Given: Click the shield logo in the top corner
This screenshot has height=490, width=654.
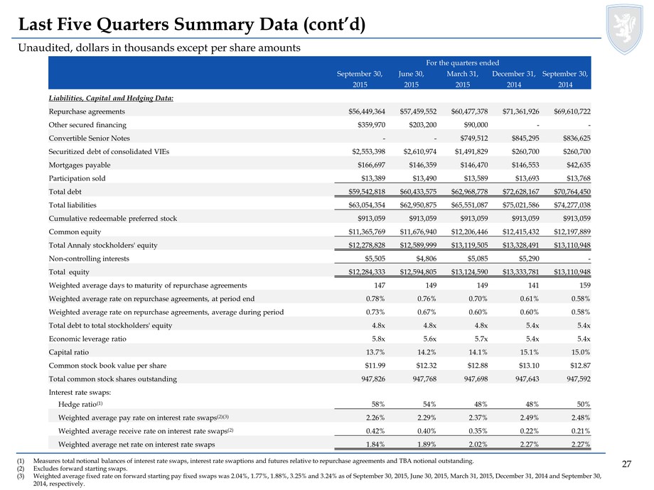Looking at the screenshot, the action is (x=624, y=28).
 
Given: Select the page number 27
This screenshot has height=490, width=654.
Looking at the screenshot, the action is (x=626, y=464).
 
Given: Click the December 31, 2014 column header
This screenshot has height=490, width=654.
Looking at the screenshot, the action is (x=514, y=79).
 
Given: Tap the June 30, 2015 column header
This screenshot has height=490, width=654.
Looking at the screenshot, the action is (x=412, y=79).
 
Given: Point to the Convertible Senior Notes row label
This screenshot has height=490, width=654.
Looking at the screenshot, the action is (x=90, y=138).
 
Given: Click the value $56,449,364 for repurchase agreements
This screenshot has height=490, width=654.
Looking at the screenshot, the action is (x=367, y=111).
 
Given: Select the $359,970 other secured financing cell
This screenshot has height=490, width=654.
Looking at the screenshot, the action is (x=371, y=125).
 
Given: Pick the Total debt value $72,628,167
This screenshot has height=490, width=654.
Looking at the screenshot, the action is (x=520, y=192).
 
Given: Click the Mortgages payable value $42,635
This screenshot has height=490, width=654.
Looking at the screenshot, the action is (x=578, y=165).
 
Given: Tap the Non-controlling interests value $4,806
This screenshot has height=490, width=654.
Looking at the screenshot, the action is (x=427, y=258).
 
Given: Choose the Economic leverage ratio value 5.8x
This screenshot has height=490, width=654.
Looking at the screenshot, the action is (x=378, y=339).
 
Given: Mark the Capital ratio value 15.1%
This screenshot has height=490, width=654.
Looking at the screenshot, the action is (x=530, y=352).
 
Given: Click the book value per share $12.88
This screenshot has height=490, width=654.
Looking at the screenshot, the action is (x=478, y=366).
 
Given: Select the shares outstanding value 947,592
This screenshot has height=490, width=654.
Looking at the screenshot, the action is (x=579, y=379).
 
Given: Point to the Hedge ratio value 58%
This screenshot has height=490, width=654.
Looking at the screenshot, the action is (x=378, y=404).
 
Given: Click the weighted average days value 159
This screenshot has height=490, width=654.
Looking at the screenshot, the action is (x=585, y=285).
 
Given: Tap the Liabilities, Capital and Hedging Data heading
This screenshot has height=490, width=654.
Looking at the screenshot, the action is (x=111, y=98).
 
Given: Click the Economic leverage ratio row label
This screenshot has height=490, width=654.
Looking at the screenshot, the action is (x=87, y=339).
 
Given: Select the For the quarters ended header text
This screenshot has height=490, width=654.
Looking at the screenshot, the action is (x=463, y=63).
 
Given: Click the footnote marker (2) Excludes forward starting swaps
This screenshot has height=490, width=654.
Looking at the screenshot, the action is (x=21, y=468).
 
